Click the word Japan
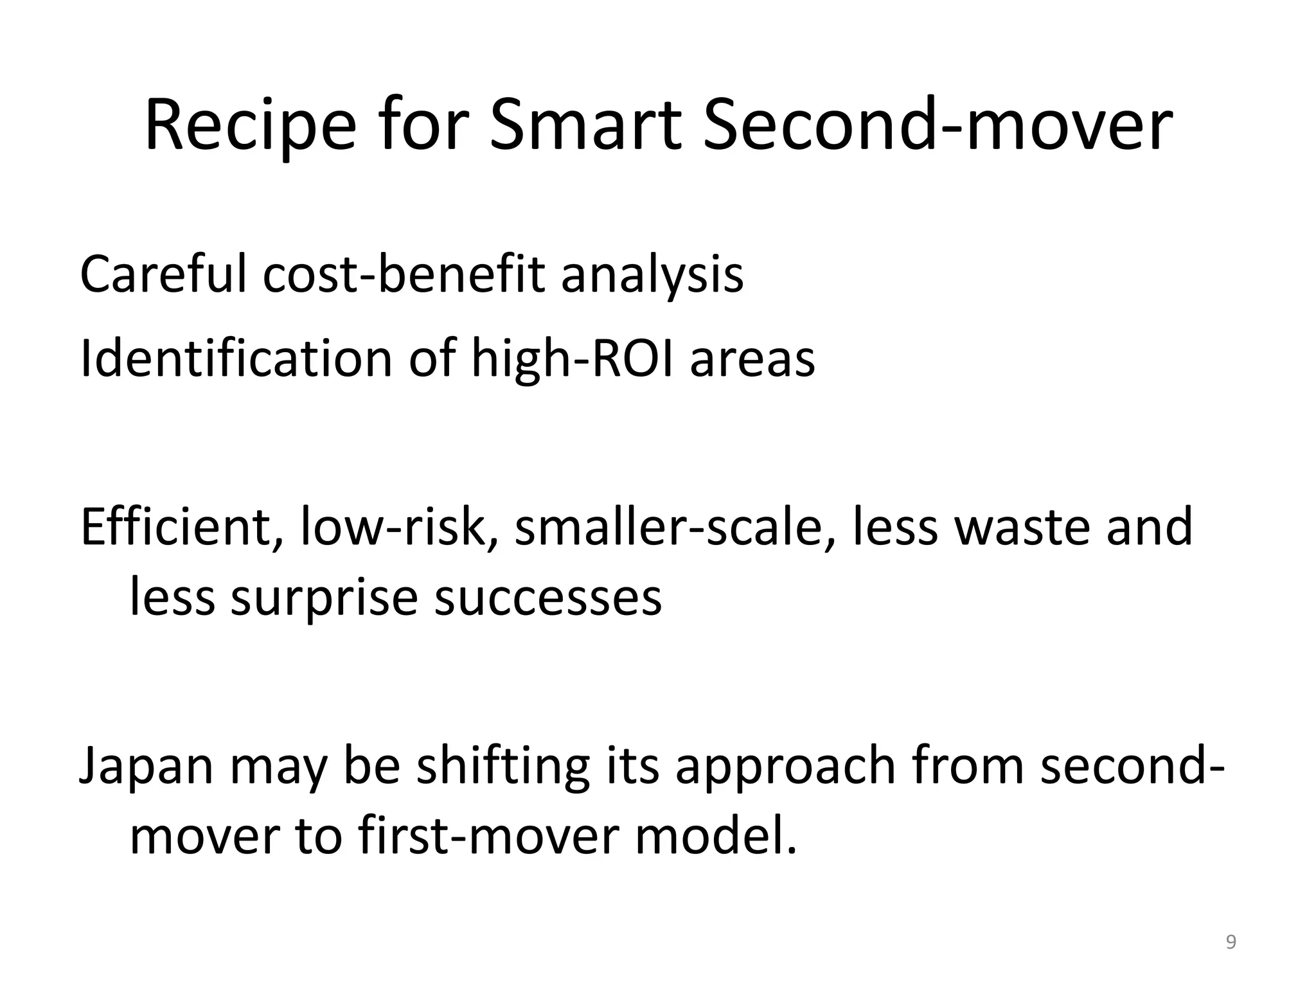coord(146,767)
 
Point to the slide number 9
coord(1231,943)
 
